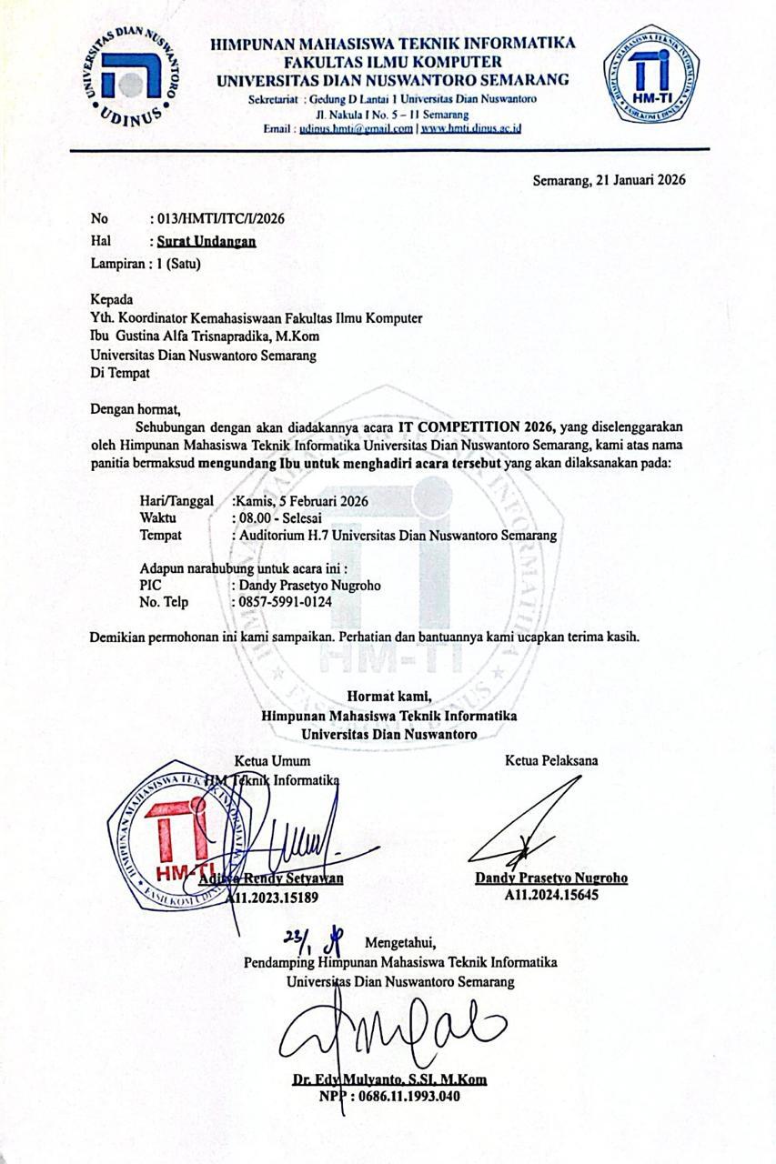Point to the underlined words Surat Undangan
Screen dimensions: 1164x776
coord(206,241)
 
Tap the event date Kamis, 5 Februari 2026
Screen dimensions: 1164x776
coord(307,501)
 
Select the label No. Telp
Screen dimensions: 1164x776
coord(163,603)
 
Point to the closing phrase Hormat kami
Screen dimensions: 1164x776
coord(388,697)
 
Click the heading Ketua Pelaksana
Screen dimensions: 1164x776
coord(551,760)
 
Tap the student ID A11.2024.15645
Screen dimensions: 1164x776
coord(551,895)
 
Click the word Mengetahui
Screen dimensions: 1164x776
coord(400,941)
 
